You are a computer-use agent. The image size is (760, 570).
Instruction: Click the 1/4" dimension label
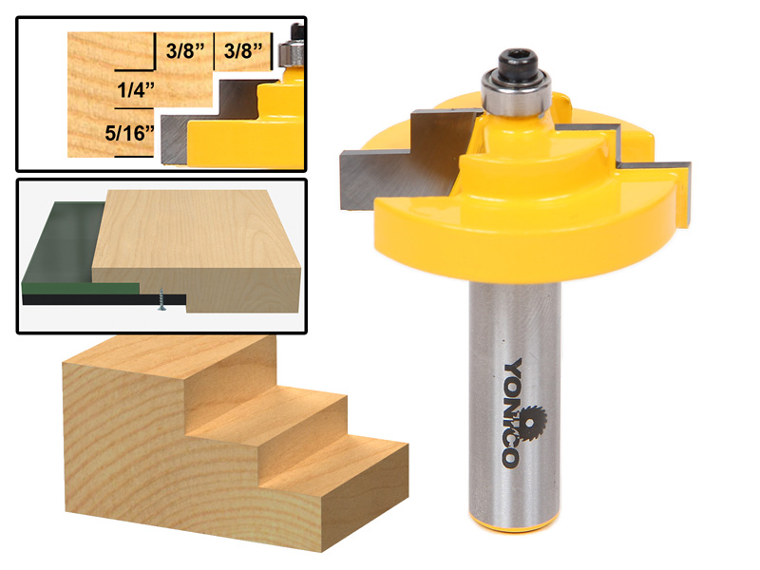tap(133, 92)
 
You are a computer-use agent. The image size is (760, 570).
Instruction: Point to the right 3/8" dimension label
tap(247, 49)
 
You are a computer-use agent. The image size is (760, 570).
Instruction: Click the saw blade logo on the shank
tap(511, 419)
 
